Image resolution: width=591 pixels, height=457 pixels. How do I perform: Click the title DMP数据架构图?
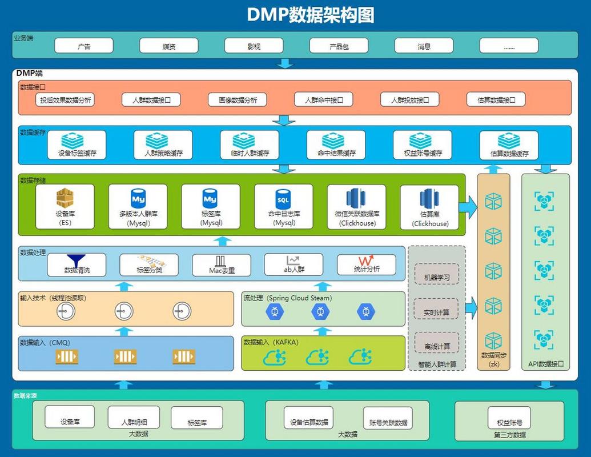(x=311, y=15)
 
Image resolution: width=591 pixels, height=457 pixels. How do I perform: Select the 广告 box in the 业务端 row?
(x=84, y=46)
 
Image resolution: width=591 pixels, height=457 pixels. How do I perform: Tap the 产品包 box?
(x=339, y=46)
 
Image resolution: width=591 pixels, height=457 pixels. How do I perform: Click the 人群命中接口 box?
(x=324, y=99)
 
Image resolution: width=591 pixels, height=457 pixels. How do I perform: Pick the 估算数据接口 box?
(x=496, y=99)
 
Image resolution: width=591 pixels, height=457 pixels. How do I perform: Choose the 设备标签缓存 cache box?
(x=77, y=145)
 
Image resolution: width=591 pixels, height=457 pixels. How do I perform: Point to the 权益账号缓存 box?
(x=422, y=145)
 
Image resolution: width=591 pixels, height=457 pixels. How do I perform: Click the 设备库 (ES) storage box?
(x=65, y=206)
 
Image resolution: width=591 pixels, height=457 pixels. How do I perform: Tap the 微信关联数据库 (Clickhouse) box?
(x=356, y=206)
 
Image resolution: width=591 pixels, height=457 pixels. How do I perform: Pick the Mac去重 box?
(x=221, y=265)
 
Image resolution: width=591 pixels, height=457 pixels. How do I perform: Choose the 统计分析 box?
(x=366, y=265)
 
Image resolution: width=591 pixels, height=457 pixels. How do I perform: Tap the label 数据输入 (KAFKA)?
(x=271, y=342)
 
